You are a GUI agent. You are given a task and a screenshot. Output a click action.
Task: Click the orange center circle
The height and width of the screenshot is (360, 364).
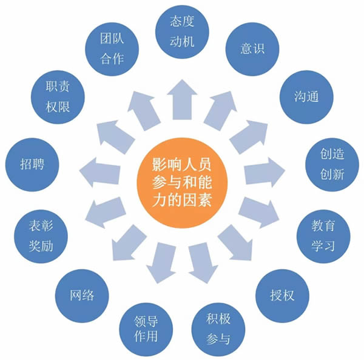[x=182, y=183]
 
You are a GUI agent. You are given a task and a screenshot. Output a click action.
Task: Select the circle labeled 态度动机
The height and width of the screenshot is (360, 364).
[x=182, y=32]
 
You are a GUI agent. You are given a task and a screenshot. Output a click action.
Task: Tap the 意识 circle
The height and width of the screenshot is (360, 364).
[x=252, y=49]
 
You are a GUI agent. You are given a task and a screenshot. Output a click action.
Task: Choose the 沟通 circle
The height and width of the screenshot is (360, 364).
[x=306, y=97]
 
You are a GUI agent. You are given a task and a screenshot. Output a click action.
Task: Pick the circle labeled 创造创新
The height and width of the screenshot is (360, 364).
[x=332, y=164]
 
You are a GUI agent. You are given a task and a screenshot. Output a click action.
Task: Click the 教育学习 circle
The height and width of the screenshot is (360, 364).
[x=323, y=236]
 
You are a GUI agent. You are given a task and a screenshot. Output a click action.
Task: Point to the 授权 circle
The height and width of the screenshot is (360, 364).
[x=282, y=296]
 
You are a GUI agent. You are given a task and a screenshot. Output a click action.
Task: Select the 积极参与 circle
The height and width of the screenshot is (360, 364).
[x=218, y=329]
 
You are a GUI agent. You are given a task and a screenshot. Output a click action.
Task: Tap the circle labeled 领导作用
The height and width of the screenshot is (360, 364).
[x=146, y=329]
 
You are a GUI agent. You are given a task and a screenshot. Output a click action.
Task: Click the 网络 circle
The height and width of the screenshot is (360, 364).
[x=82, y=296]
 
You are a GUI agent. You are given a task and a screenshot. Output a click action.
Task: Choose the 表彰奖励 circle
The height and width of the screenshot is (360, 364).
[x=41, y=236]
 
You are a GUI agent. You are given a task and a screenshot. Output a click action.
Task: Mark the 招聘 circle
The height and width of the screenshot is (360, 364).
[x=32, y=164]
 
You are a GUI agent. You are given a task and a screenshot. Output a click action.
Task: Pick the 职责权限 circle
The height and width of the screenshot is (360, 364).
[x=58, y=97]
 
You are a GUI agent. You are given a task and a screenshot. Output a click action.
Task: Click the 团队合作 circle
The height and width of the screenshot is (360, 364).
[x=112, y=49]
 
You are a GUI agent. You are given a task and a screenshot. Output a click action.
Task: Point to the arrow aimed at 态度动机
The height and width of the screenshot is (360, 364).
[x=182, y=100]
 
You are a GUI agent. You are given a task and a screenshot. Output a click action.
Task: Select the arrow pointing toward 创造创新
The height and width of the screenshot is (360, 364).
[x=265, y=172]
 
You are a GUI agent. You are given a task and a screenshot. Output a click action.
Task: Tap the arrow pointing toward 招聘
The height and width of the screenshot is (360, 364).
[x=100, y=172]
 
